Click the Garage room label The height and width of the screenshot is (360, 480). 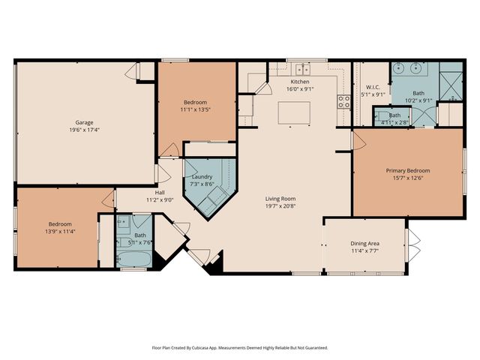(84, 122)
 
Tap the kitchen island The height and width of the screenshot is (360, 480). (294, 112)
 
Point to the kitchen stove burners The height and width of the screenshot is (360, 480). (344, 102)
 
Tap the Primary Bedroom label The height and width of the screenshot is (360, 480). (408, 170)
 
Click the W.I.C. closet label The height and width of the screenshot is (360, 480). (373, 87)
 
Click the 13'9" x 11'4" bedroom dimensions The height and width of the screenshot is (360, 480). (60, 232)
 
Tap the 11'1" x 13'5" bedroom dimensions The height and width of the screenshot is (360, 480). (195, 109)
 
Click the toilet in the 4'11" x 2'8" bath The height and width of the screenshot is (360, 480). (379, 115)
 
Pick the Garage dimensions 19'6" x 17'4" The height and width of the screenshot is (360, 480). (84, 130)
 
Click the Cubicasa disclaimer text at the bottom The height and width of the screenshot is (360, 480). (240, 347)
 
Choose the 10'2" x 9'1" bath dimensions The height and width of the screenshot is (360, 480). (418, 100)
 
